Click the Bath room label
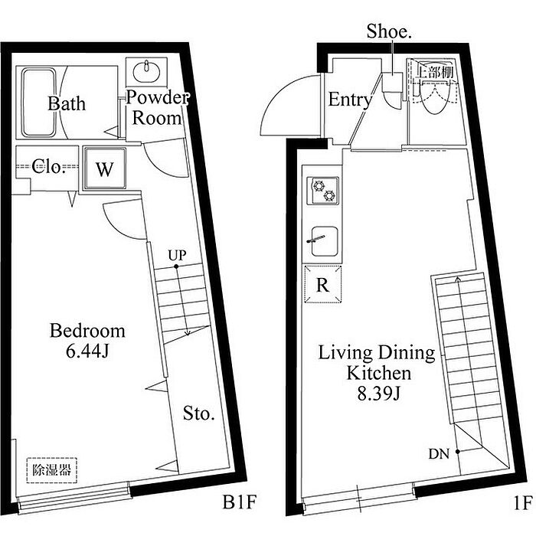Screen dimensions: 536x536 pos(67,103)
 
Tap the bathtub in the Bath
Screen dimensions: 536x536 pos(38,103)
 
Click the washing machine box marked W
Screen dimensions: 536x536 pos(104,168)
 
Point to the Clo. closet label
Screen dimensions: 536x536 pos(48,166)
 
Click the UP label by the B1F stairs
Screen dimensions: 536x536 pos(177,255)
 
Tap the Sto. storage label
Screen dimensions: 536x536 pos(198,413)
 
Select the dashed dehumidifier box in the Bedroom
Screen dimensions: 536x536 pos(51,470)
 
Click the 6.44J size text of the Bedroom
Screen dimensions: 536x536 pos(87,351)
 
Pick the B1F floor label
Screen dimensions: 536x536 pos(239,502)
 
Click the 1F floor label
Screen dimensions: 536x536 pos(523,503)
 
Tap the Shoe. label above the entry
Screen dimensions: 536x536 pos(389,32)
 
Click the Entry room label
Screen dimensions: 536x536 pos(350,100)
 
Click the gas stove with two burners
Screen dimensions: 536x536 pos(323,191)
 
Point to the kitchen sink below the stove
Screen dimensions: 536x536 pos(325,241)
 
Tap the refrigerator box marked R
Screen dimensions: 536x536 pos(322,284)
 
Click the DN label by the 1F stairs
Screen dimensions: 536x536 pos(439,454)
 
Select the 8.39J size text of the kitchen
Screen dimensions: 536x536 pos(379,394)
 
